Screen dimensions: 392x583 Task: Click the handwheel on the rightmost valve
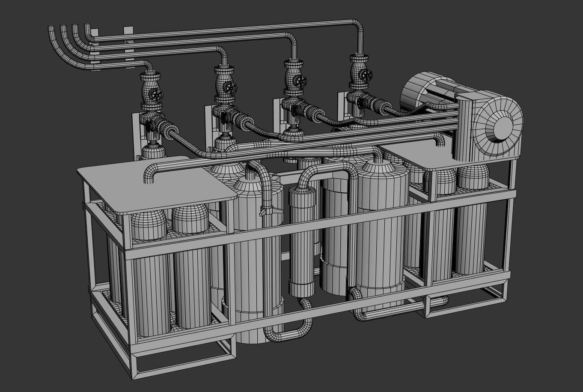coord(365,75)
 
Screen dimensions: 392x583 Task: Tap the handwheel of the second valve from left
coord(230,88)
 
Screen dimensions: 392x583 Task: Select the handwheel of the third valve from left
coord(301,81)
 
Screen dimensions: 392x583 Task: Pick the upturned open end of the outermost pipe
coord(51,29)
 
